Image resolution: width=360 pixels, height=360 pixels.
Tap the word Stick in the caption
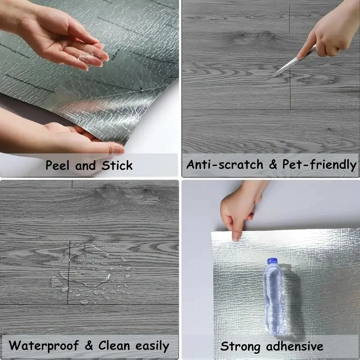[x=117, y=165]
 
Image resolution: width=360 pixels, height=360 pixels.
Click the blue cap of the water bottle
[x=272, y=261]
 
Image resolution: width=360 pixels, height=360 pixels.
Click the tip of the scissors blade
[x=274, y=75]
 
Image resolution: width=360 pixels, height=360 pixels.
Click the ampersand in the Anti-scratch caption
[x=273, y=165]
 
